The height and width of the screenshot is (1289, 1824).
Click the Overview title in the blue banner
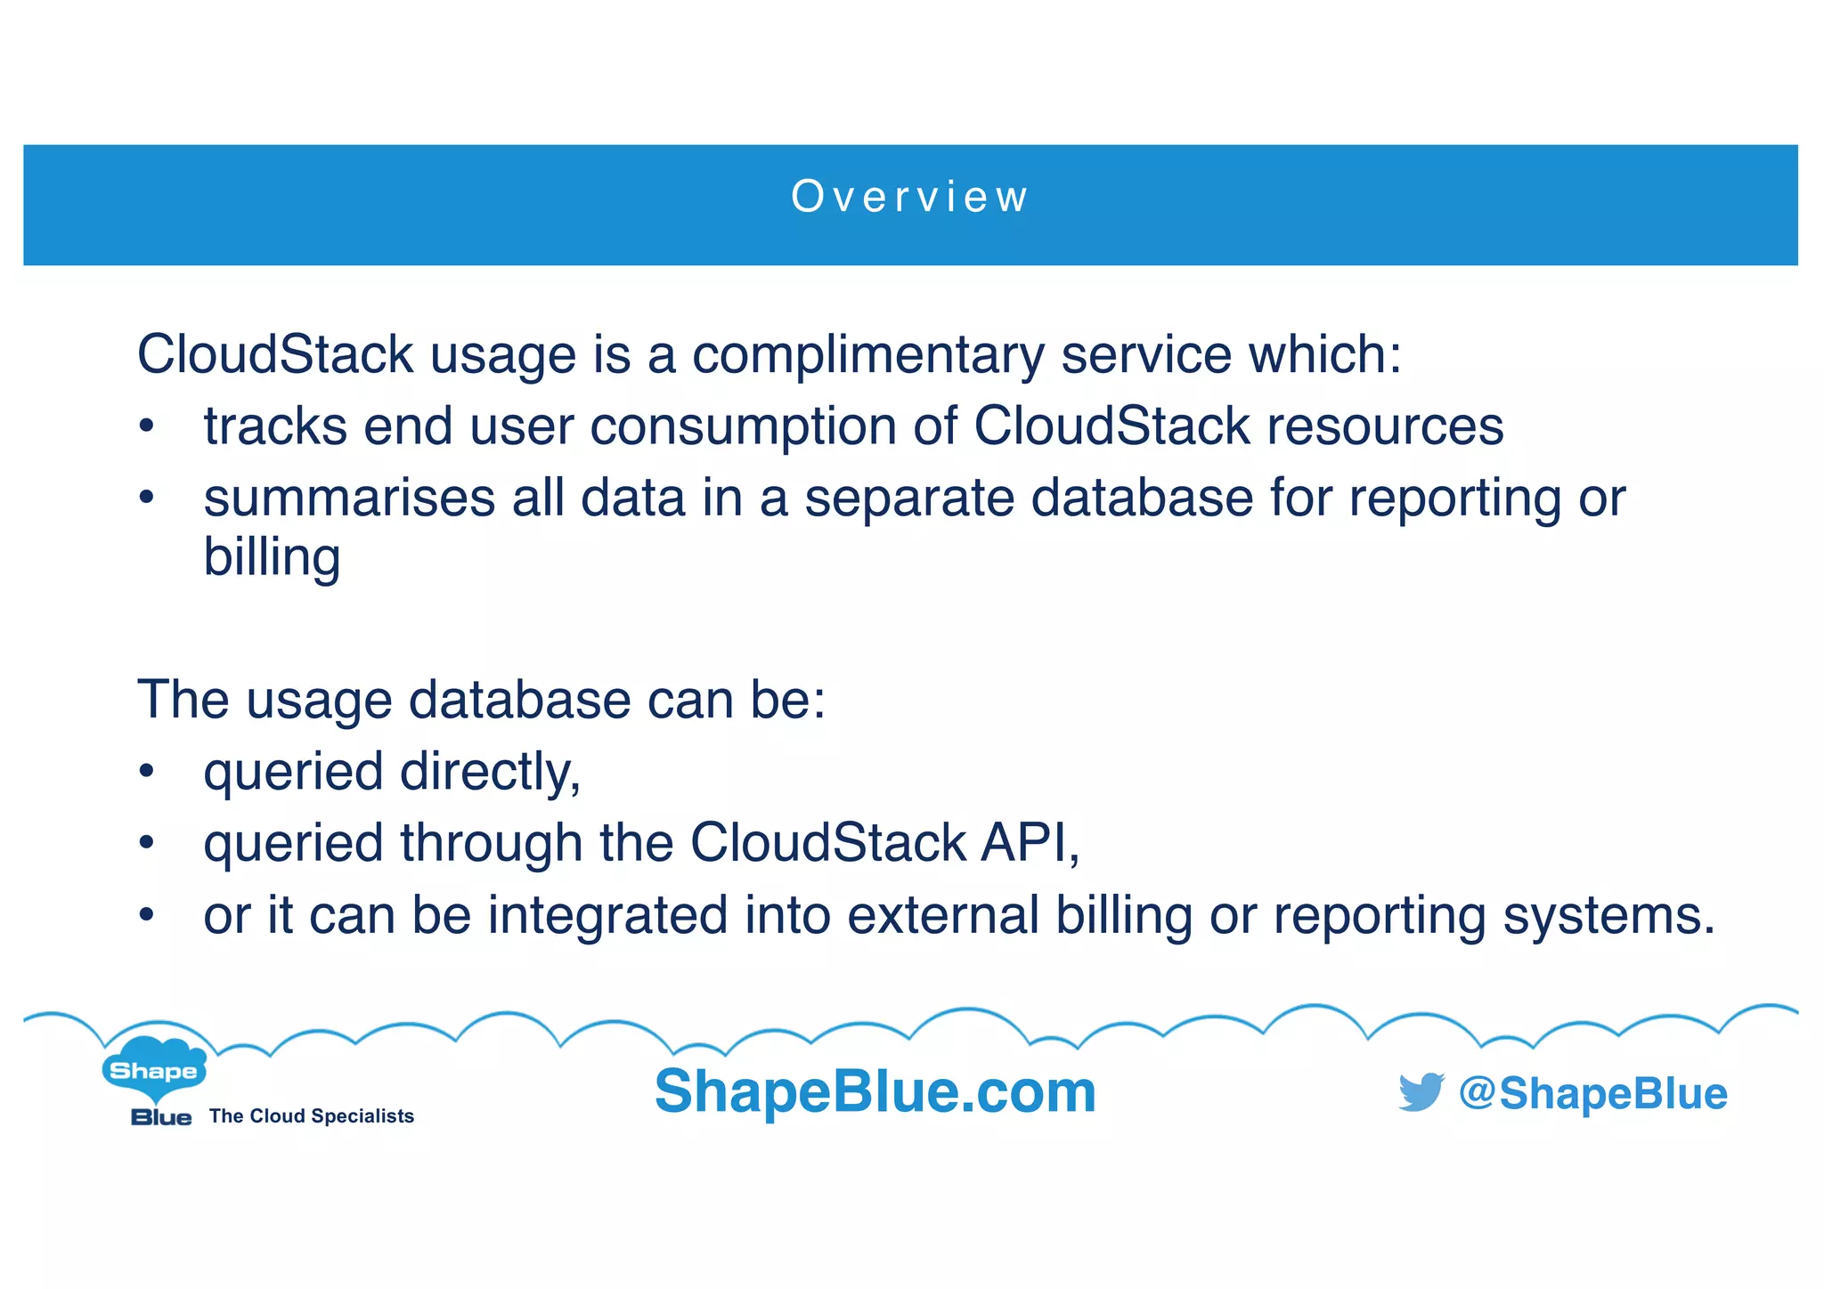coord(909,197)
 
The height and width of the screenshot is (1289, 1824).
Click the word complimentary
coord(867,354)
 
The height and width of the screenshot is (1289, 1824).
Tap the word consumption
coord(743,426)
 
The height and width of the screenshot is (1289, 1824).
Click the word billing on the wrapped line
coord(272,557)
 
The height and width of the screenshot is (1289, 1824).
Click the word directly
coord(490,771)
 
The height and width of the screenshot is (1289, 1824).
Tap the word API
coord(1030,842)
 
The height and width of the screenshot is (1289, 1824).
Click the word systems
coord(1608,915)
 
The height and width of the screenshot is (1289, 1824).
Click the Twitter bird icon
coord(1421,1092)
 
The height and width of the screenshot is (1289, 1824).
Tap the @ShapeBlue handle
coord(1592,1093)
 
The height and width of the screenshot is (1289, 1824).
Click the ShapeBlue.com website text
coord(875,1091)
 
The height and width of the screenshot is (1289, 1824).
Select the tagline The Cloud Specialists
coord(312,1116)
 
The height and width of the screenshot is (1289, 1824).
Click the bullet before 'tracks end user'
coord(147,427)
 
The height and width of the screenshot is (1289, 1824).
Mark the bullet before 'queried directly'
coord(147,773)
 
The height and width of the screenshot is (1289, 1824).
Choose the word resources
coord(1385,426)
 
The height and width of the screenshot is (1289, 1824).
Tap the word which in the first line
coord(1324,354)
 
